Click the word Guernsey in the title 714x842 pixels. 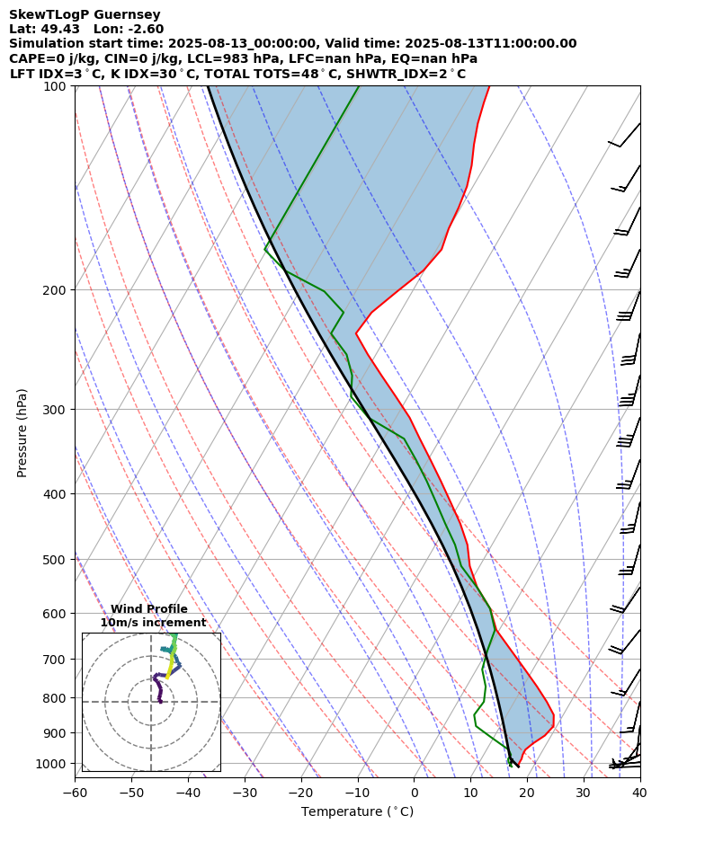pyautogui.click(x=129, y=14)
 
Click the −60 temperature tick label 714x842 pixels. pyautogui.click(x=75, y=793)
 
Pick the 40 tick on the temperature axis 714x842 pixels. pyautogui.click(x=639, y=793)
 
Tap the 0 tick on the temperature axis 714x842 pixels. pyautogui.click(x=414, y=793)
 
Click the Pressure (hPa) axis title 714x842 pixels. pyautogui.click(x=22, y=432)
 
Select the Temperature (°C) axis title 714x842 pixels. pyautogui.click(x=357, y=812)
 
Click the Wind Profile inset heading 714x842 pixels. pyautogui.click(x=149, y=609)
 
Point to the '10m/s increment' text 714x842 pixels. pyautogui.click(x=153, y=623)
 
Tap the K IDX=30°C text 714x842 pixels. pyautogui.click(x=153, y=74)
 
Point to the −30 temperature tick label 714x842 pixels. pyautogui.click(x=244, y=793)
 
